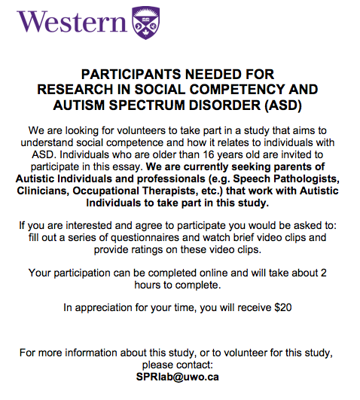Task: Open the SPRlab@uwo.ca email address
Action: [x=179, y=377]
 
